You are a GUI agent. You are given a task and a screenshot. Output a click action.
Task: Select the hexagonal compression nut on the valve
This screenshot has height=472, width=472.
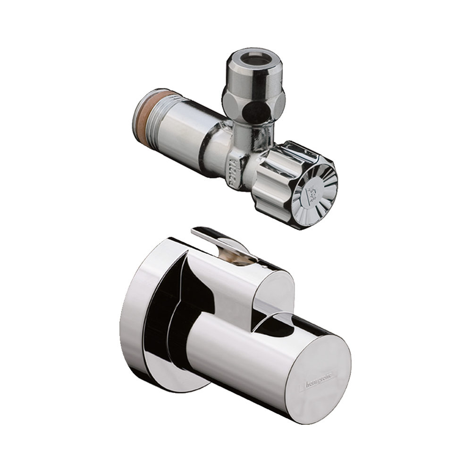(255, 101)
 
